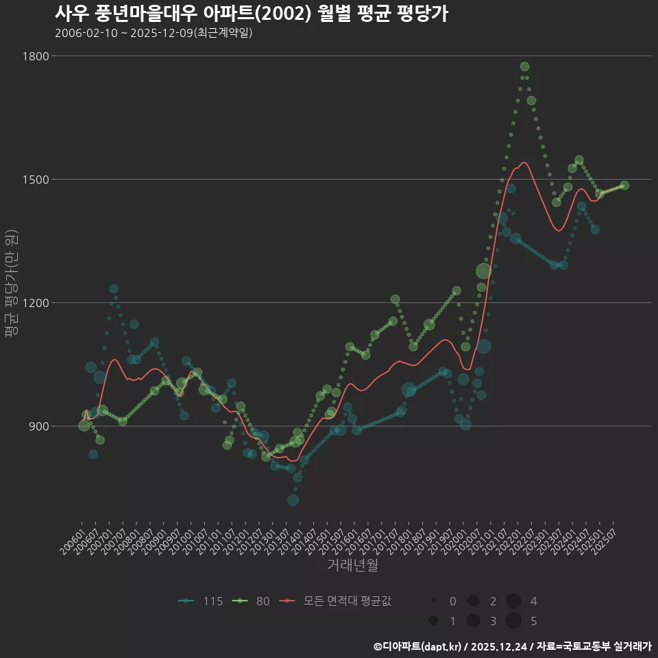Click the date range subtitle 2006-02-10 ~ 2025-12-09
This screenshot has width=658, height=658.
pyautogui.click(x=154, y=33)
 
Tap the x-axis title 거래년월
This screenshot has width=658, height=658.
pyautogui.click(x=352, y=565)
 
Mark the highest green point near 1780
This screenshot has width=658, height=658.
pyautogui.click(x=524, y=66)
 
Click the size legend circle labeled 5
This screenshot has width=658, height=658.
pyautogui.click(x=514, y=621)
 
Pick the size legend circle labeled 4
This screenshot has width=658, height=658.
pyautogui.click(x=514, y=601)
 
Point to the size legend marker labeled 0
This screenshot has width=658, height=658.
pyautogui.click(x=433, y=601)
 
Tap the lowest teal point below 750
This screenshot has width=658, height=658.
pyautogui.click(x=293, y=500)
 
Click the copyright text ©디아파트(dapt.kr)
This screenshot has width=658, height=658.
pyautogui.click(x=418, y=646)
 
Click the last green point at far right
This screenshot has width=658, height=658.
pyautogui.click(x=624, y=185)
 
